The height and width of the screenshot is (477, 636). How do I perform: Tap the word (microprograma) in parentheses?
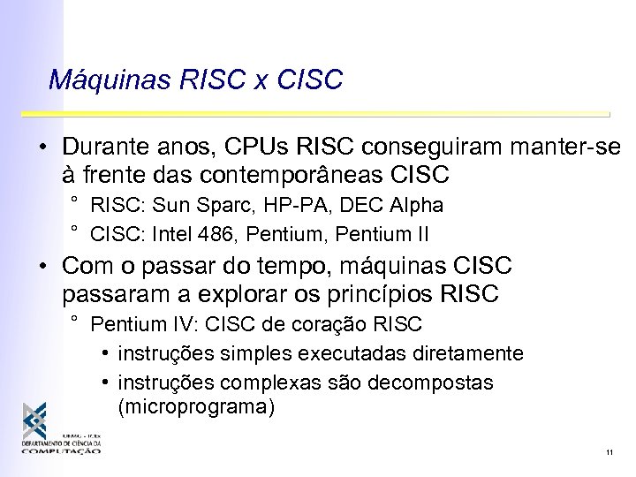pos(197,407)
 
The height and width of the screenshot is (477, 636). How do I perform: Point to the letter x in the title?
pos(261,81)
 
